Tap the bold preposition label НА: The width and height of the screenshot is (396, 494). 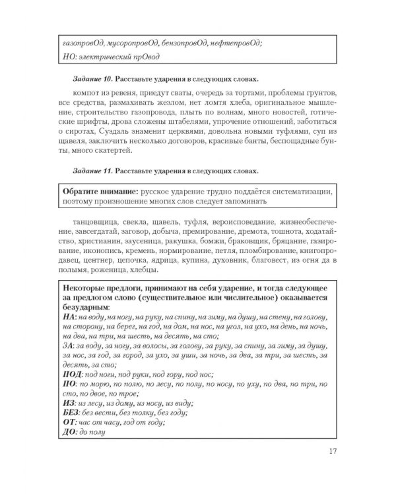(69, 316)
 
